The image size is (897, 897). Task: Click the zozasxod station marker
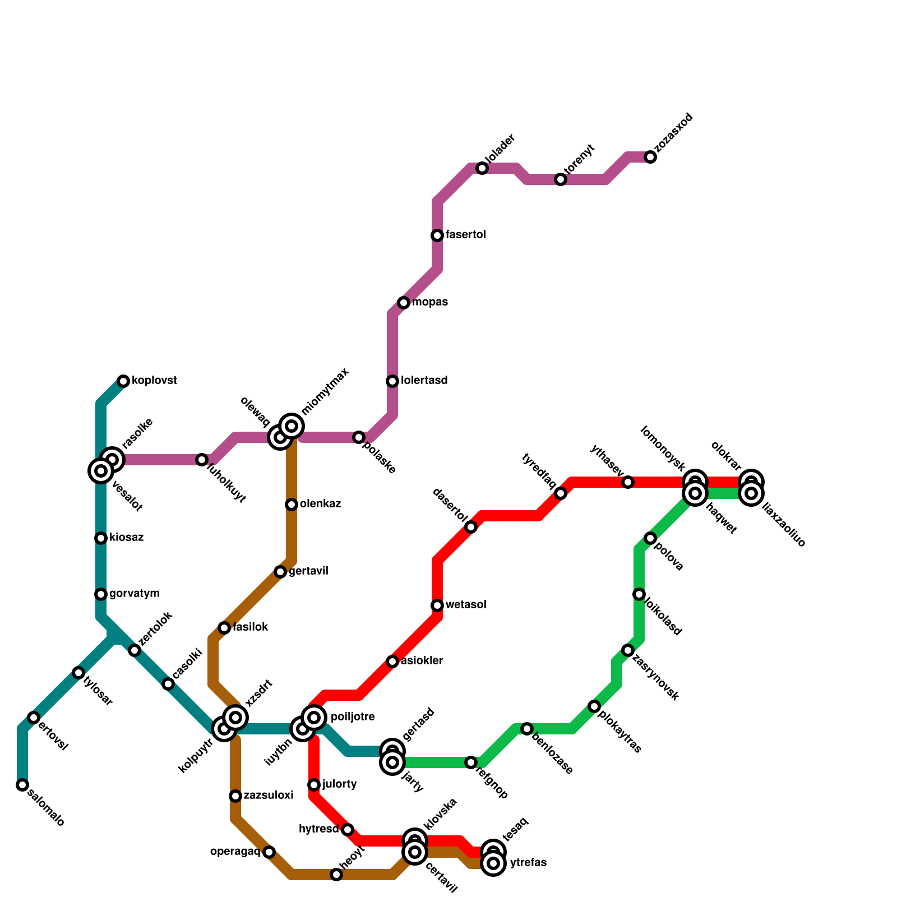[650, 157]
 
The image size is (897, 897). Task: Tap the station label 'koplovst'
[154, 381]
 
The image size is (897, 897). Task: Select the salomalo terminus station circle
[22, 785]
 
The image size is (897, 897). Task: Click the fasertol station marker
[437, 235]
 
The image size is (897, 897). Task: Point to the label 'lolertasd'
[424, 381]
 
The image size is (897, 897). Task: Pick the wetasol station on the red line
[437, 605]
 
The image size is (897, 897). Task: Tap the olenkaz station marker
[292, 505]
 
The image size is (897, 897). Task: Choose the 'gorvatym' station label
[134, 594]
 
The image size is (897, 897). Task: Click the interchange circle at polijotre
[314, 718]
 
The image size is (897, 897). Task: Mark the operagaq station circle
[269, 852]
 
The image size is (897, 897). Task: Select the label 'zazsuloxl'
[268, 796]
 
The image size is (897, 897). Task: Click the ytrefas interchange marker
[493, 863]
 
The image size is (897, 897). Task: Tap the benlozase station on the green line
[527, 729]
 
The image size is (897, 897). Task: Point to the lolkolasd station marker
[639, 594]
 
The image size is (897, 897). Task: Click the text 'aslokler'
[422, 661]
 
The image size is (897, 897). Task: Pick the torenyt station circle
[561, 179]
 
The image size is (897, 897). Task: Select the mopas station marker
[404, 303]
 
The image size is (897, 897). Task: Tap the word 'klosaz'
[126, 538]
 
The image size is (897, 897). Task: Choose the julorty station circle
[314, 785]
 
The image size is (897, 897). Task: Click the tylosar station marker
[78, 673]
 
